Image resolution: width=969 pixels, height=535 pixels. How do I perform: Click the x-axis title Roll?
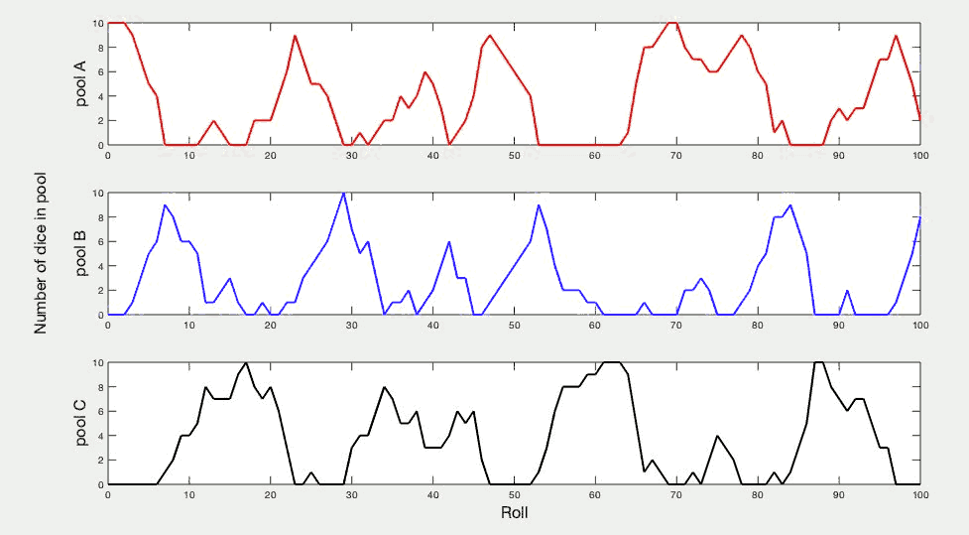tap(514, 514)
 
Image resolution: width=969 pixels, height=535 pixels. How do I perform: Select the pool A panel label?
tap(82, 83)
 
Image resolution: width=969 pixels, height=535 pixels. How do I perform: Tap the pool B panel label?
tap(82, 253)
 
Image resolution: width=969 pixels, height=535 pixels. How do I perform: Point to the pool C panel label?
tap(82, 423)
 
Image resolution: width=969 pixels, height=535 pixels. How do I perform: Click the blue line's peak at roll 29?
tap(343, 193)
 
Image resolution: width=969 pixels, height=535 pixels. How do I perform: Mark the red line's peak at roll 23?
tap(295, 36)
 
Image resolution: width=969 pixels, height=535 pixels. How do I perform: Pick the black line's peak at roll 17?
tap(246, 362)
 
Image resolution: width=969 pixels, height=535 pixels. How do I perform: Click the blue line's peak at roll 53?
tap(539, 205)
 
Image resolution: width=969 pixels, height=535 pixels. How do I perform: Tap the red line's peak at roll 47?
tap(490, 36)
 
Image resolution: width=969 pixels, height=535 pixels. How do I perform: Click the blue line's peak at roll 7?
tap(165, 205)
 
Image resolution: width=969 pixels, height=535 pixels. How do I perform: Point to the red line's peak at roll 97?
tap(896, 36)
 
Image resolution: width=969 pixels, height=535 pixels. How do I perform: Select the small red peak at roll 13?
tap(213, 121)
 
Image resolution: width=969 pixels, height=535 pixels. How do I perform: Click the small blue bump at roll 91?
tap(847, 291)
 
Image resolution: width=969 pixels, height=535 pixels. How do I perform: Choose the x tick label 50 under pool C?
tap(514, 495)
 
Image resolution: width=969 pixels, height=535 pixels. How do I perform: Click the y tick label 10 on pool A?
tap(97, 23)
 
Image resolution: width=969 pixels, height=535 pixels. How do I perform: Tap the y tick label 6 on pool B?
tap(99, 241)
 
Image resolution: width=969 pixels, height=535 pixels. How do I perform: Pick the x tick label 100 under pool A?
tap(919, 156)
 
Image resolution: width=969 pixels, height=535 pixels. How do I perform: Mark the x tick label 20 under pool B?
tap(270, 326)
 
